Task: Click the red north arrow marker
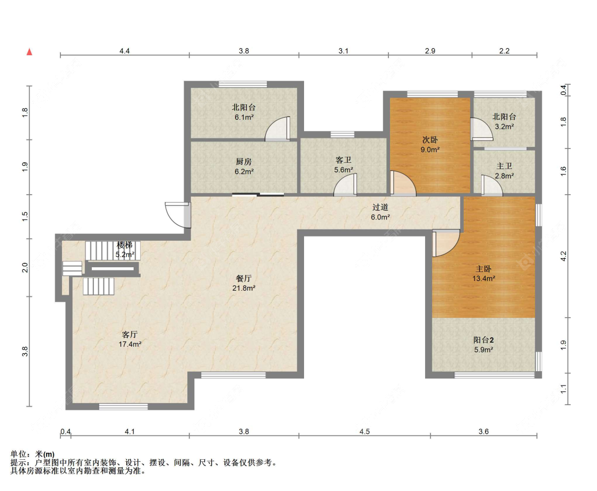click(29, 52)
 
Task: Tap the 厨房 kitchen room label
click(244, 166)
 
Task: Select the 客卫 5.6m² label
click(343, 165)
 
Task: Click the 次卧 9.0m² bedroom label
click(430, 145)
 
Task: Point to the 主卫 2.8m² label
click(504, 171)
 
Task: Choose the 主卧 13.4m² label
click(483, 274)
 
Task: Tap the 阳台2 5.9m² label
click(483, 345)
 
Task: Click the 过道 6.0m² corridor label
click(380, 212)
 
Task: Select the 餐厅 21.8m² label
click(244, 283)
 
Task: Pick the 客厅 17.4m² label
click(130, 339)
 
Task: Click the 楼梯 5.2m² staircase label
click(125, 250)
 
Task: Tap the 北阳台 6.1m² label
click(244, 112)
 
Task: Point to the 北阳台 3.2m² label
click(504, 121)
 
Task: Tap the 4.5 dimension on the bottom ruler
click(365, 431)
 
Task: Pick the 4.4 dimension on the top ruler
click(125, 50)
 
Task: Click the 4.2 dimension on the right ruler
click(564, 256)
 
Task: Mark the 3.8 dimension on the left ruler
click(25, 351)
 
